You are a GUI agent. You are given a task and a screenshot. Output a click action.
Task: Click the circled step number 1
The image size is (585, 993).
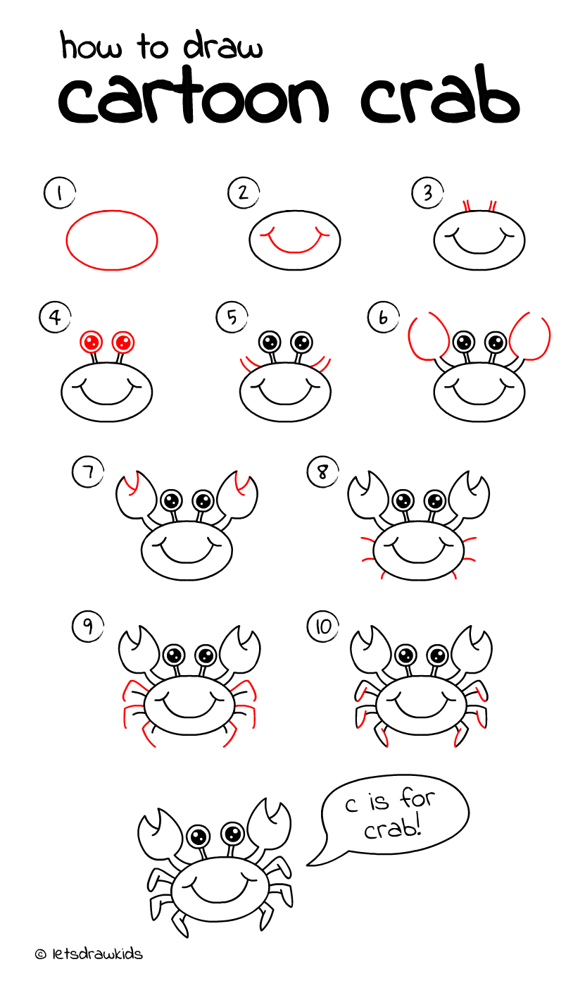coord(59,193)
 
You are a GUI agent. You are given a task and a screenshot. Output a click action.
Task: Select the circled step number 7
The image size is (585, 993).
coord(87,471)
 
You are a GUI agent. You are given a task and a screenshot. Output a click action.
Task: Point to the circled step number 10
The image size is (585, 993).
coord(322,627)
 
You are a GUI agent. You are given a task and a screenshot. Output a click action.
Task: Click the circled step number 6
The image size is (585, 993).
coord(383,317)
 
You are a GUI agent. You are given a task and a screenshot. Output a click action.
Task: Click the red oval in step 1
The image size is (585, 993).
coord(112,240)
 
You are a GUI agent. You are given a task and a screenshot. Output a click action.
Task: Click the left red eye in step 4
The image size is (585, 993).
coord(91,343)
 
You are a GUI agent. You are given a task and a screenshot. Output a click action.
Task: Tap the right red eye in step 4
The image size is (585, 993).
coord(123,343)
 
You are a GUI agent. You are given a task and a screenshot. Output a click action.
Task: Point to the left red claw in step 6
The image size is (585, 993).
coord(428,337)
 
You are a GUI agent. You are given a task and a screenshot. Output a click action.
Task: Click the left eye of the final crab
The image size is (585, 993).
coord(199,837)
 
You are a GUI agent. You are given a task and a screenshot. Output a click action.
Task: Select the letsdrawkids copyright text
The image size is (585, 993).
coord(89,954)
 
